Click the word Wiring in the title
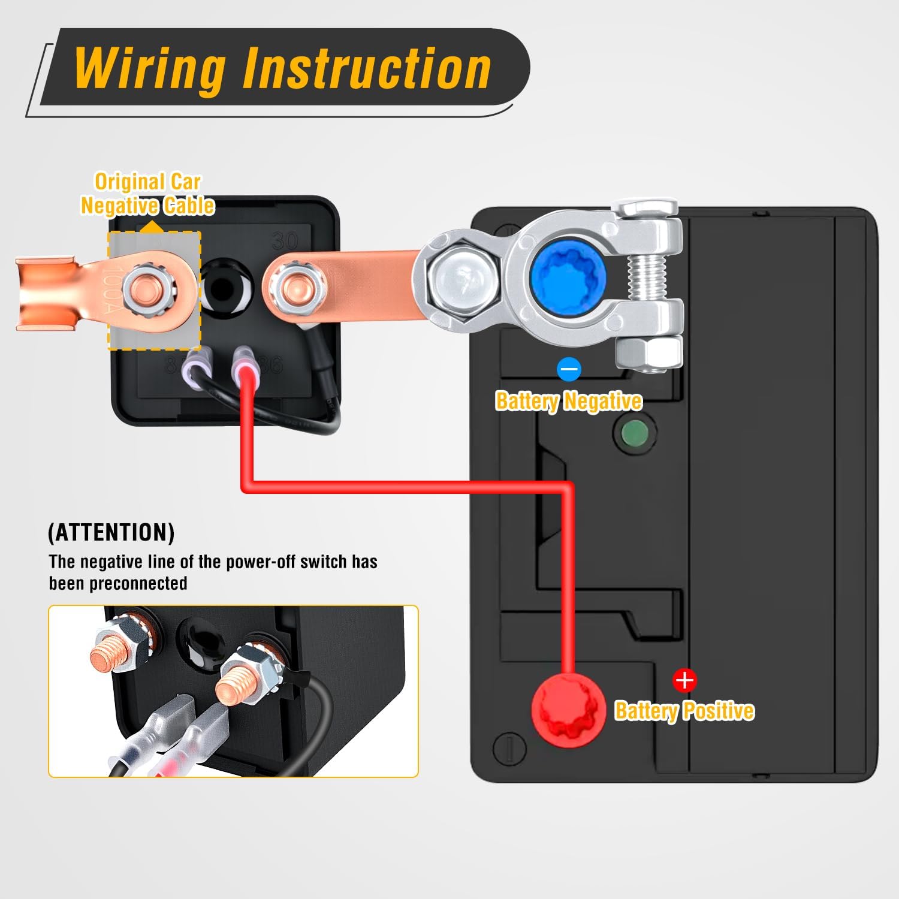click(150, 68)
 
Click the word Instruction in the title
click(367, 68)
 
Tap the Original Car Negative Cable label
click(147, 194)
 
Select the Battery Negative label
click(568, 401)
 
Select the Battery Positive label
click(684, 711)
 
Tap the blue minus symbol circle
click(568, 369)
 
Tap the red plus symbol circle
click(684, 680)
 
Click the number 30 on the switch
click(285, 241)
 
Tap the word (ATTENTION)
click(111, 532)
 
